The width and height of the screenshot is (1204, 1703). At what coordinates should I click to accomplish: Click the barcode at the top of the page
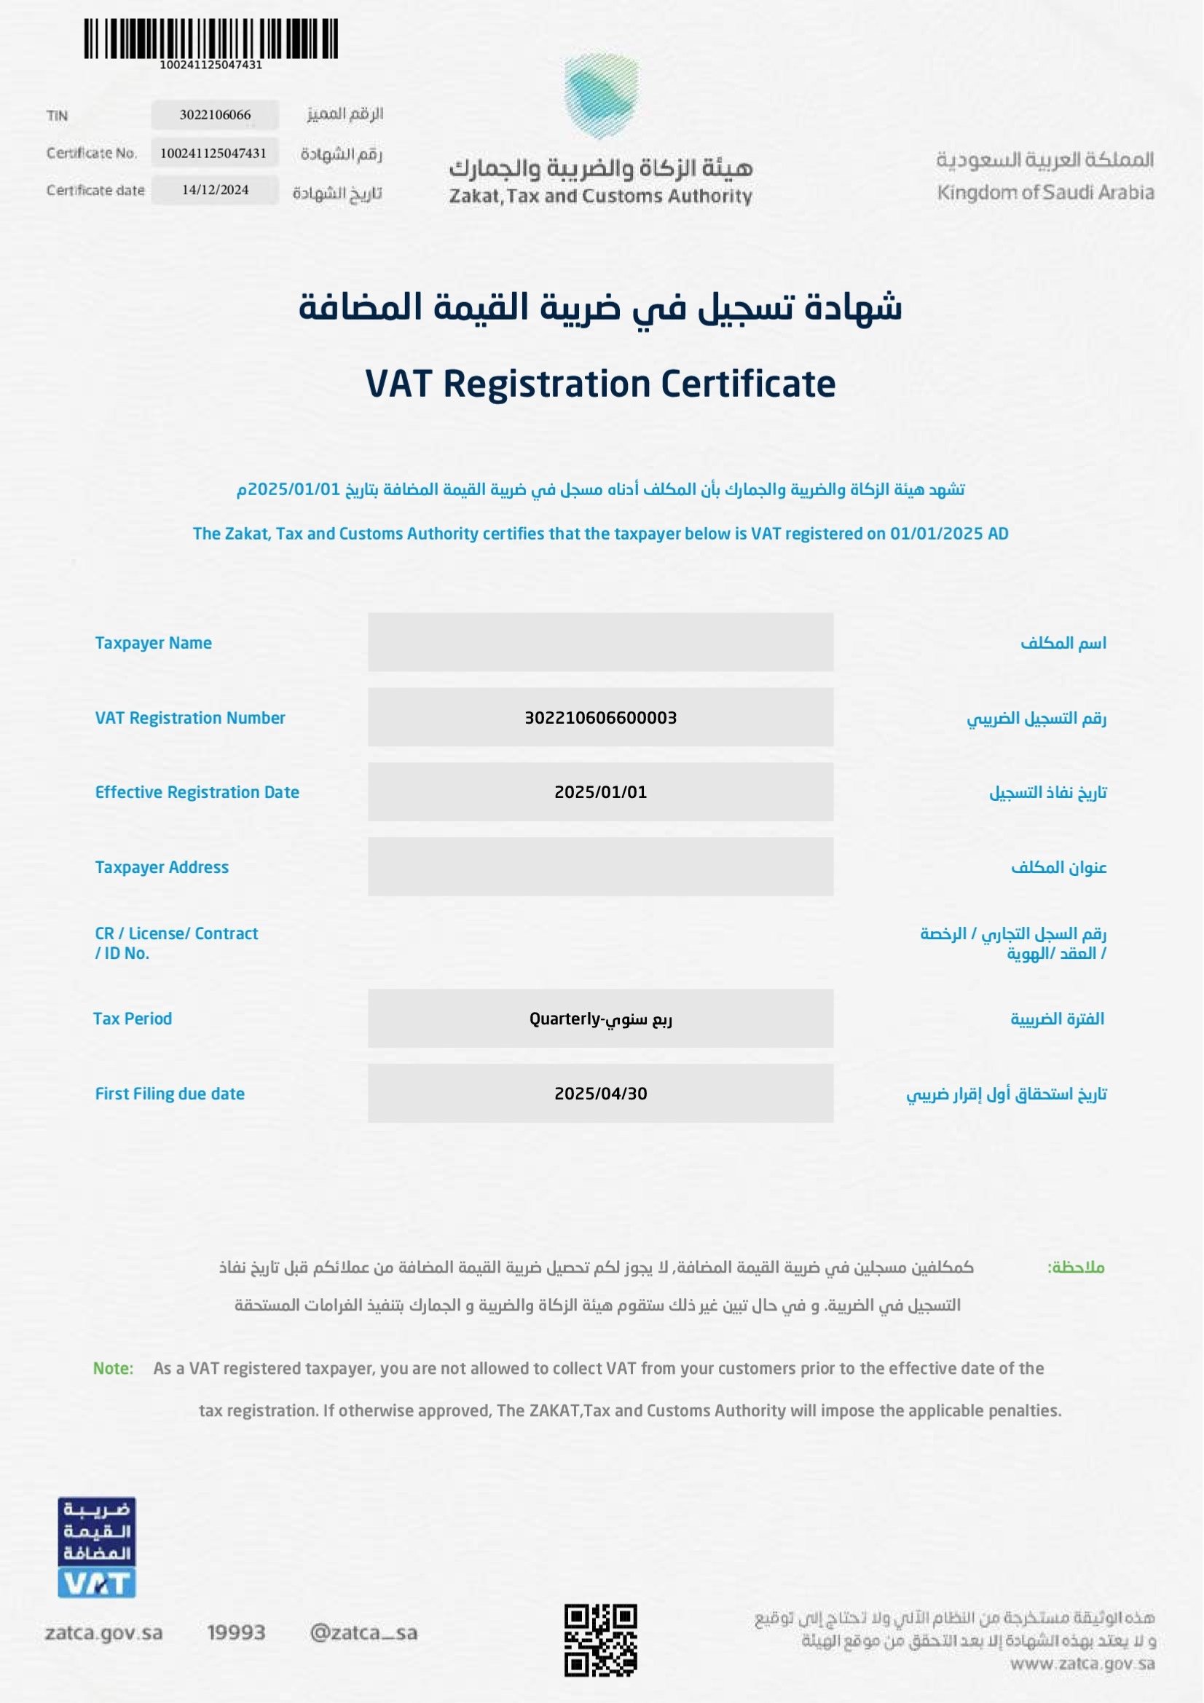coord(210,39)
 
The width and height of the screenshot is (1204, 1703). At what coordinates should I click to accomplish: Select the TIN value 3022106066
coord(215,115)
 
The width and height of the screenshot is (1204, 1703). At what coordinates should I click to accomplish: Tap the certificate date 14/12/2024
coord(215,190)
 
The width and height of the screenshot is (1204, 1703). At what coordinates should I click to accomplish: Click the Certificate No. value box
coord(213,153)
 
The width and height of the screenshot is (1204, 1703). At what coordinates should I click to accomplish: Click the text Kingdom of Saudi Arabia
coord(1045,193)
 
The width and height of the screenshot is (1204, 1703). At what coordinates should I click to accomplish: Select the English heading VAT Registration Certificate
coord(601,384)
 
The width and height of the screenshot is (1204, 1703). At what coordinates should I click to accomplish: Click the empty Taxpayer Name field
coord(600,642)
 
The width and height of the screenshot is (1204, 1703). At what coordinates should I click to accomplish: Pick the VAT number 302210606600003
coord(600,717)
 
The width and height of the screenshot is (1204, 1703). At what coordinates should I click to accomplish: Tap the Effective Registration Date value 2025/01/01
coord(600,792)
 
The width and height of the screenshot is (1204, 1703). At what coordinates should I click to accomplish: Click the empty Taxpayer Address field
coord(600,867)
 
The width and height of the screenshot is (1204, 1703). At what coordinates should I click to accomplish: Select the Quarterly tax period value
coord(600,1019)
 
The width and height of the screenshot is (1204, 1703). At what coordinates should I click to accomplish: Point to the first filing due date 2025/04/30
coord(600,1094)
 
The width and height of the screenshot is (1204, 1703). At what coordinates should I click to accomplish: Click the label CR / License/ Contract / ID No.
coord(176,943)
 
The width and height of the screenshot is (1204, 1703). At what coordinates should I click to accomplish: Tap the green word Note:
coord(113,1369)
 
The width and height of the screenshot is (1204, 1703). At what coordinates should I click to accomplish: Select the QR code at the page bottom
coord(601,1640)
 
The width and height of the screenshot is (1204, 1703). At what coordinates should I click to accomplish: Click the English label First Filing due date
coord(170,1094)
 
